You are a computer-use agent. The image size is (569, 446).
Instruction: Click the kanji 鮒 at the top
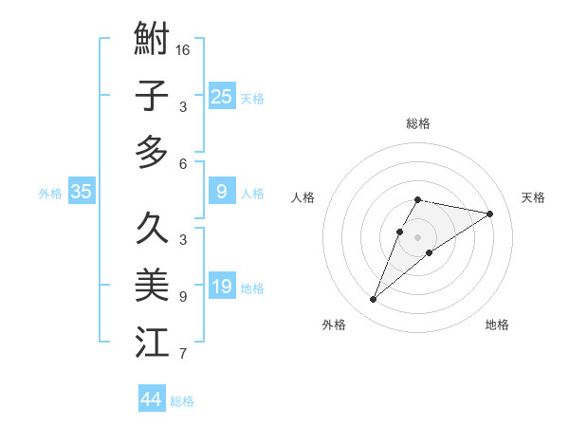pyautogui.click(x=152, y=41)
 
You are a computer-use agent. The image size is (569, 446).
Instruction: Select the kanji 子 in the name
pyautogui.click(x=152, y=96)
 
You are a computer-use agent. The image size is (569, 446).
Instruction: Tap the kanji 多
pyautogui.click(x=152, y=152)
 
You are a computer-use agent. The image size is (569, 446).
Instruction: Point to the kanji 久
pyautogui.click(x=152, y=229)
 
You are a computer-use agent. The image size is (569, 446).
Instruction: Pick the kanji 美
pyautogui.click(x=152, y=285)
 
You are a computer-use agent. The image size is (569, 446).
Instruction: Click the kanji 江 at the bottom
pyautogui.click(x=152, y=341)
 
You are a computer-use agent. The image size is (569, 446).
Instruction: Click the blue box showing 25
pyautogui.click(x=222, y=96)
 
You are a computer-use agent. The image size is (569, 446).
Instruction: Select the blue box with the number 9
pyautogui.click(x=222, y=192)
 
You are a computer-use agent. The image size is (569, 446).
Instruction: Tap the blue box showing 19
pyautogui.click(x=222, y=287)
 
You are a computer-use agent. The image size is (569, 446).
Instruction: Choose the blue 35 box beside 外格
pyautogui.click(x=82, y=192)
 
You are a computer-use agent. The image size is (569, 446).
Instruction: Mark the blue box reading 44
pyautogui.click(x=152, y=400)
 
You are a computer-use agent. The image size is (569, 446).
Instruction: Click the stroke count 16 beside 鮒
pyautogui.click(x=184, y=50)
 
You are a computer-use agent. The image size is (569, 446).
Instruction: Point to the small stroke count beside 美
pyautogui.click(x=183, y=296)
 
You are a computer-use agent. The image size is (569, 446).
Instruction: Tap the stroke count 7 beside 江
pyautogui.click(x=183, y=354)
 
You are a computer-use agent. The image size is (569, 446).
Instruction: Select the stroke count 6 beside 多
pyautogui.click(x=183, y=163)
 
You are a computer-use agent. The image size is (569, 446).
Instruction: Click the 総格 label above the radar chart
pyautogui.click(x=417, y=123)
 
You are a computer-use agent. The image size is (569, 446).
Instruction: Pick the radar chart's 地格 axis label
pyautogui.click(x=497, y=325)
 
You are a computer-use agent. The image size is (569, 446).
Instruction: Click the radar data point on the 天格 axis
pyautogui.click(x=489, y=214)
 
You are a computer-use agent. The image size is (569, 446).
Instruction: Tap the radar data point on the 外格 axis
pyautogui.click(x=374, y=300)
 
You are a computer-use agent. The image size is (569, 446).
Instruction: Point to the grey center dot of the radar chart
pyautogui.click(x=417, y=236)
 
